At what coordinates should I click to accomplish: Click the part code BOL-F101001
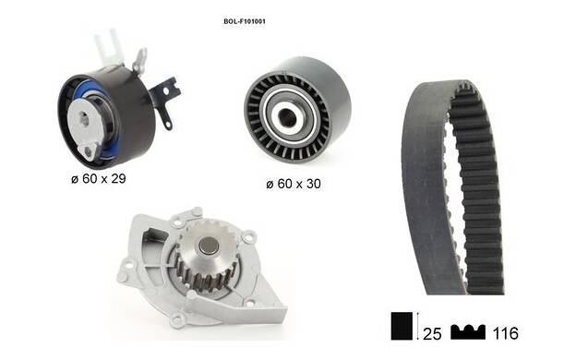coord(245,21)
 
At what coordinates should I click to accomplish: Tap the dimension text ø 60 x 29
coord(99,178)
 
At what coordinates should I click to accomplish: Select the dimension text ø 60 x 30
coord(294,184)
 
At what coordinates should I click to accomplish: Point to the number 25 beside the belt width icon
coord(432,333)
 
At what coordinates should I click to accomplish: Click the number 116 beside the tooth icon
coord(506,333)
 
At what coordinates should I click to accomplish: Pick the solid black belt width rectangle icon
coord(402,326)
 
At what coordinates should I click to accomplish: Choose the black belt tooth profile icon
coord(468,332)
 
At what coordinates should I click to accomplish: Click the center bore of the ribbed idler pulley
coord(287,117)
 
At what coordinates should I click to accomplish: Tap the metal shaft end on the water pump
coord(209,246)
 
